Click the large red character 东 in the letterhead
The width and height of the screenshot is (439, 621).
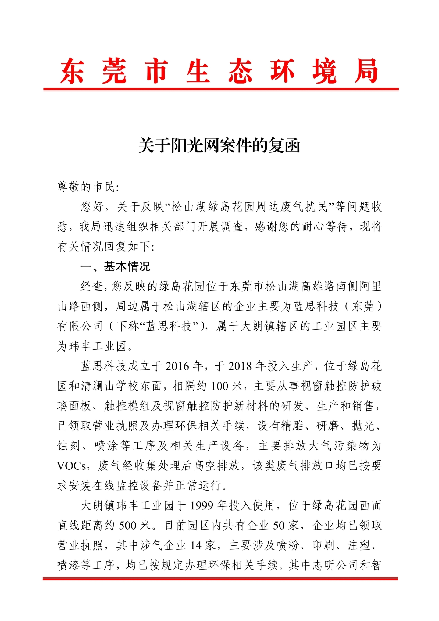point(72,71)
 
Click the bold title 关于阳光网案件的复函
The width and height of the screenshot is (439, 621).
point(220,145)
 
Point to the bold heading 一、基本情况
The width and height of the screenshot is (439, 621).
point(115,266)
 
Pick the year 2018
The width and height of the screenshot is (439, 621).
point(240,366)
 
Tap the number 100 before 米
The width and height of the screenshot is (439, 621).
point(220,386)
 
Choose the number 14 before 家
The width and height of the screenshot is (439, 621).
point(196,545)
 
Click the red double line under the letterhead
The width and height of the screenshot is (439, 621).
point(221,90)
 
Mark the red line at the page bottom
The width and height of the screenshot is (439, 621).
point(220,579)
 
